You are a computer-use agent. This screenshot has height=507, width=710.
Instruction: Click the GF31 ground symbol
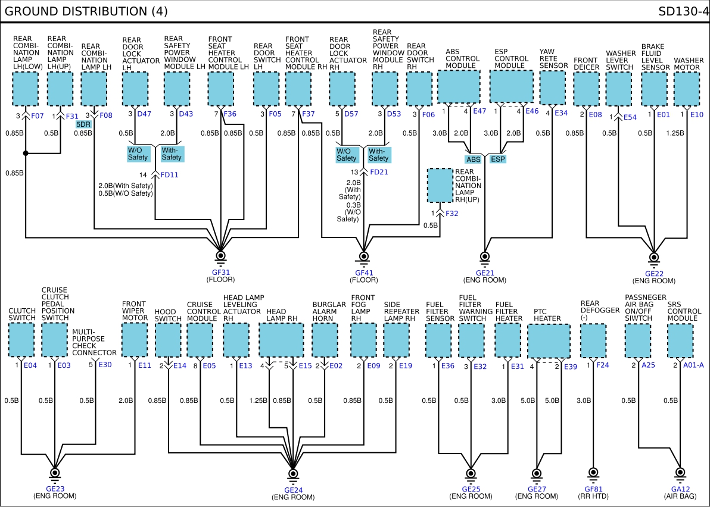click(x=220, y=257)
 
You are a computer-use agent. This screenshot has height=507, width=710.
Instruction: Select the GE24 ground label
click(x=294, y=490)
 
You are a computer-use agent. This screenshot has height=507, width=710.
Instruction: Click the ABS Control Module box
click(x=459, y=86)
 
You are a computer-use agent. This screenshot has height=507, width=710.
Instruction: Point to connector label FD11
click(x=169, y=174)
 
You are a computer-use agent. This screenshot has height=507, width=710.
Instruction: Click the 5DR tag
click(x=83, y=124)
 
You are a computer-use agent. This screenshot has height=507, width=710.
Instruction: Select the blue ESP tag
click(x=497, y=159)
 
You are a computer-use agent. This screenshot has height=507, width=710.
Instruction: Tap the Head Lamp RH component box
click(x=281, y=340)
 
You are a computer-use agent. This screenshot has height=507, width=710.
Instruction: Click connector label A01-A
click(x=693, y=365)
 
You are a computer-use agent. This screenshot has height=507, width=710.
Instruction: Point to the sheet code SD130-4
click(x=683, y=11)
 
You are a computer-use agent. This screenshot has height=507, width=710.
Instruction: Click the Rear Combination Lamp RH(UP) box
click(x=440, y=186)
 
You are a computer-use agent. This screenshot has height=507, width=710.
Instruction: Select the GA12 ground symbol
click(x=680, y=474)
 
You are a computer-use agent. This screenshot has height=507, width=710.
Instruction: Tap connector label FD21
click(x=379, y=172)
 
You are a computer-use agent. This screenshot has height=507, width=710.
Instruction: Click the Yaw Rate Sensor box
click(x=552, y=88)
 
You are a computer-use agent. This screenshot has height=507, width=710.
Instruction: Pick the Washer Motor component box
click(x=686, y=89)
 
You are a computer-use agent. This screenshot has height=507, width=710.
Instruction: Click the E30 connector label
click(x=105, y=365)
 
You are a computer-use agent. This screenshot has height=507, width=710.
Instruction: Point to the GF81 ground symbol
click(x=593, y=474)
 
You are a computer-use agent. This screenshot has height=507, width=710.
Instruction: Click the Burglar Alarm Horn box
click(x=325, y=340)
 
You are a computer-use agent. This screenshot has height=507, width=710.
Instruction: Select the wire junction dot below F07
click(x=26, y=154)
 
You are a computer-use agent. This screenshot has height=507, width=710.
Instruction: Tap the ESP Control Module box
click(x=511, y=86)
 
